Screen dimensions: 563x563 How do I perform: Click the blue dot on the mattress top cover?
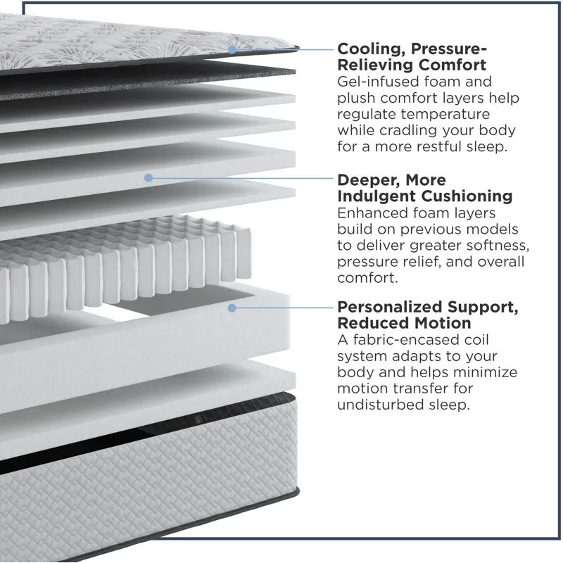[x=232, y=50]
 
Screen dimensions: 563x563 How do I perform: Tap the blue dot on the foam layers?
[x=148, y=177]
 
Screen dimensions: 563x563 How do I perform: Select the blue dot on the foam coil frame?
[x=232, y=308]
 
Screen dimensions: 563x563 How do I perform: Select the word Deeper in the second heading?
[x=368, y=180]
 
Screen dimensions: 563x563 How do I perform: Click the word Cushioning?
[x=467, y=196]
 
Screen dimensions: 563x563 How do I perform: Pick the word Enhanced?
[x=372, y=213]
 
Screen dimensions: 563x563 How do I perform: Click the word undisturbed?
[x=380, y=405]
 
